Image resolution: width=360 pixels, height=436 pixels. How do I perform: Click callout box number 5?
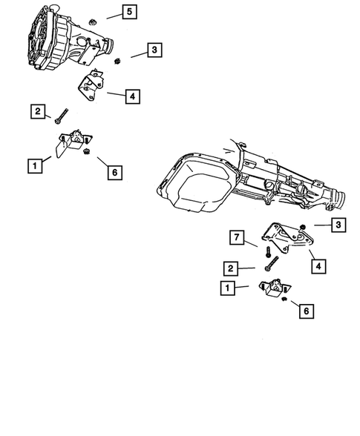[129, 12]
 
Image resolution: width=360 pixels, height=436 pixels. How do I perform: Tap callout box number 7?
[235, 237]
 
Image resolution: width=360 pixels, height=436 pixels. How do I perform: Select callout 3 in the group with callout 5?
[154, 50]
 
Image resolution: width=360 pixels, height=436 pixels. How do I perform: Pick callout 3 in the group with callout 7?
[338, 224]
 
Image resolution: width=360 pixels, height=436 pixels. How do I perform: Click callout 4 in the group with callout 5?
[131, 96]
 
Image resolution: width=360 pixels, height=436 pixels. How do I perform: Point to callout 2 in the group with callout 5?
[37, 111]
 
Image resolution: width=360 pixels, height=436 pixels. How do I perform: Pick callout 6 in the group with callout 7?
[305, 312]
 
